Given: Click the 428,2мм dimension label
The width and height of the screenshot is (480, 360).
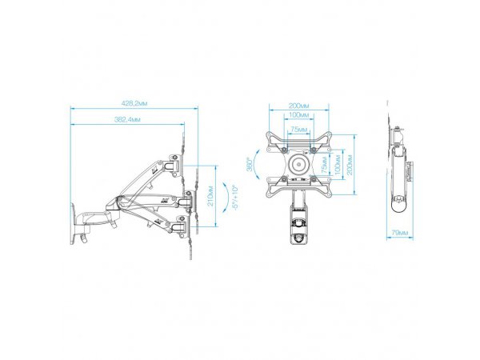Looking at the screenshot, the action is click(134, 103).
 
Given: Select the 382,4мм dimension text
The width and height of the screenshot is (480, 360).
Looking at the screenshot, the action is click(127, 120).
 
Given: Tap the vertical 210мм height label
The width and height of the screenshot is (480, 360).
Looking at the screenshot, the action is click(211, 196).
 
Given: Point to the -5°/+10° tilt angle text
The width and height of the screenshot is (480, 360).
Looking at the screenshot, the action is click(235, 197).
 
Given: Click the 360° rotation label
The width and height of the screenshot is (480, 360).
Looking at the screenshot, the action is click(250, 164).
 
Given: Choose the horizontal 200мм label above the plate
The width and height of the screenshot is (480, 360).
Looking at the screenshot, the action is click(298, 106).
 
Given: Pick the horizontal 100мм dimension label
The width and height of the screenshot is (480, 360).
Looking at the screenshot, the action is click(298, 115).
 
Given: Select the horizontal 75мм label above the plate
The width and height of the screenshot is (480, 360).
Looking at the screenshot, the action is click(298, 130).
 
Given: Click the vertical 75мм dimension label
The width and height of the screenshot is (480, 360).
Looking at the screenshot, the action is click(326, 164).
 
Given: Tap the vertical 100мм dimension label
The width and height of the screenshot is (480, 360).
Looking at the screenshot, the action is click(338, 164).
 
